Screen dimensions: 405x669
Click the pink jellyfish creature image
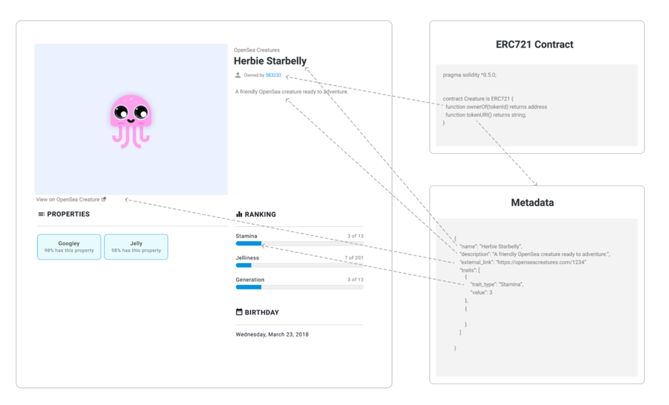point(131,120)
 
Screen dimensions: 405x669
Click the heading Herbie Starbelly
point(270,61)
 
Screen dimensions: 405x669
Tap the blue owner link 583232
point(274,76)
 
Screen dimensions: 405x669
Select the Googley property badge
point(69,246)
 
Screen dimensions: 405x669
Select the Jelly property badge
point(136,246)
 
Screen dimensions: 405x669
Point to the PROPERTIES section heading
point(68,214)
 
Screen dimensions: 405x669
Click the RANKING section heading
point(260,214)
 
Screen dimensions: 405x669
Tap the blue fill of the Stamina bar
point(248,244)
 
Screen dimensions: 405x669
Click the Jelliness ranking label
point(248,258)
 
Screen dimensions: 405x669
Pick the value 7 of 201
point(354,258)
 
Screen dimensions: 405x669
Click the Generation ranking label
point(250,280)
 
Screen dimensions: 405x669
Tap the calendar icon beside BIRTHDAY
point(239,312)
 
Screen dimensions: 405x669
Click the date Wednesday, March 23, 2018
point(272,334)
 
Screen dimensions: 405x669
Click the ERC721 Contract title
point(535,45)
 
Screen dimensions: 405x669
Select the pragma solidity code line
point(470,75)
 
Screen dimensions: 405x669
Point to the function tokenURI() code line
point(486,114)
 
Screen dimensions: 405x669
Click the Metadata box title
point(533,202)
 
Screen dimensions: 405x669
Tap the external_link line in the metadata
point(523,262)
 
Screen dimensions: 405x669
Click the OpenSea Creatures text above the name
point(257,50)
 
